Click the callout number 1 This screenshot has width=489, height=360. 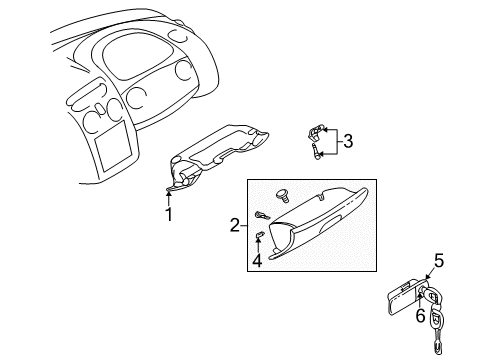(169, 213)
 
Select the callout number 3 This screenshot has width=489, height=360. (347, 141)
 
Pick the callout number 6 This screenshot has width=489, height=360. (421, 316)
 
